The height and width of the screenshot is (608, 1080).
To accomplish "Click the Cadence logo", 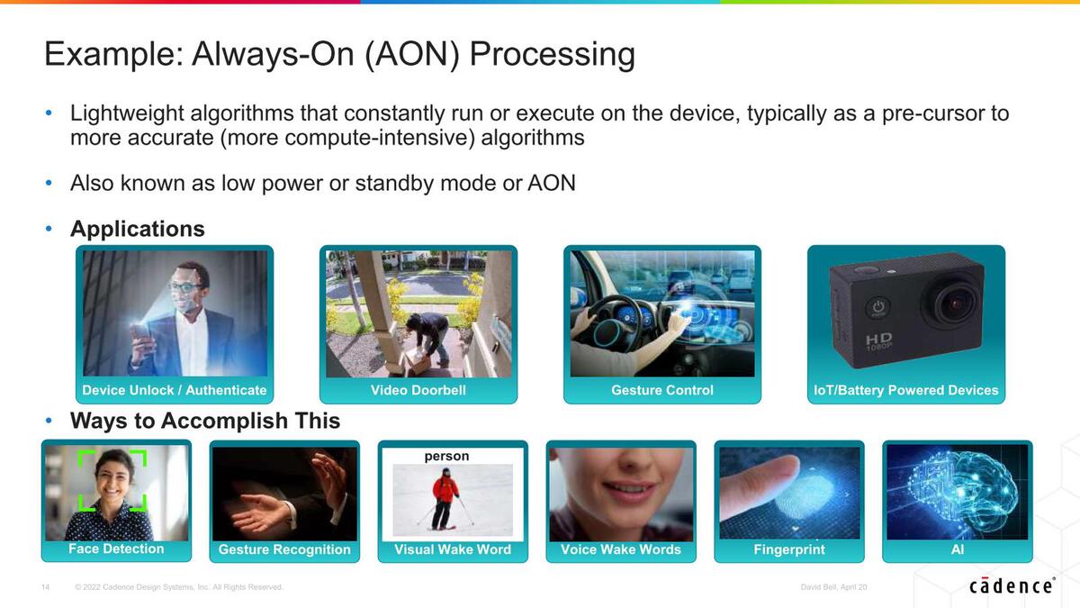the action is click(x=1012, y=585).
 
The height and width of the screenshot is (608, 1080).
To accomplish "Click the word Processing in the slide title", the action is click(x=552, y=54).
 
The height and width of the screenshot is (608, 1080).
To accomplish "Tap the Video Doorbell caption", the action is click(x=418, y=390).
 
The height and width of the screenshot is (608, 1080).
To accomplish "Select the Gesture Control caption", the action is click(x=662, y=390).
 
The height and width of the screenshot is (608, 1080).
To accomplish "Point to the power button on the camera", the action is click(x=878, y=307).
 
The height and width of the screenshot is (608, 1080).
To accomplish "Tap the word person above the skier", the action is click(x=446, y=457).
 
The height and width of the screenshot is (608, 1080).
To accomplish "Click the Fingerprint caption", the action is click(x=789, y=549).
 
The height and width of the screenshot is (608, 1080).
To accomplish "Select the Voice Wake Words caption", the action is click(x=620, y=549).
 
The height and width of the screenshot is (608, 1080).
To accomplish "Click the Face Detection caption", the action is click(x=116, y=549).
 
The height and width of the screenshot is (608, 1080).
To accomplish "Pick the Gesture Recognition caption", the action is click(x=284, y=549).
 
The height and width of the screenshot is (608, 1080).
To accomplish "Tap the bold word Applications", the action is click(x=138, y=229).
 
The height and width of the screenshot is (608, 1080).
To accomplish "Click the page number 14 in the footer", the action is click(x=45, y=587).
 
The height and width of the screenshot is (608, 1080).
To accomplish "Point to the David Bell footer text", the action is click(x=833, y=587).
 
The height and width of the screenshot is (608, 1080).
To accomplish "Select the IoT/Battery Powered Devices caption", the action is click(x=906, y=390).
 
